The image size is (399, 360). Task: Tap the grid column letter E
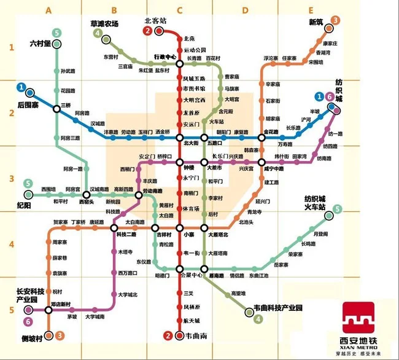coord(311,10)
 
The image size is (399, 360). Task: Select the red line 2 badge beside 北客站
coord(148,31)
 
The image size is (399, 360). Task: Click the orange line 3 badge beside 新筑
coord(335,21)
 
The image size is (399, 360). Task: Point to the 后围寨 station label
coord(28,105)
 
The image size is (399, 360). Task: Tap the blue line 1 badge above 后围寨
coord(21,87)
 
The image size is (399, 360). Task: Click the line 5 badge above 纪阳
coord(28,184)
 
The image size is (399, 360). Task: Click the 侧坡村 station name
coord(32,338)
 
